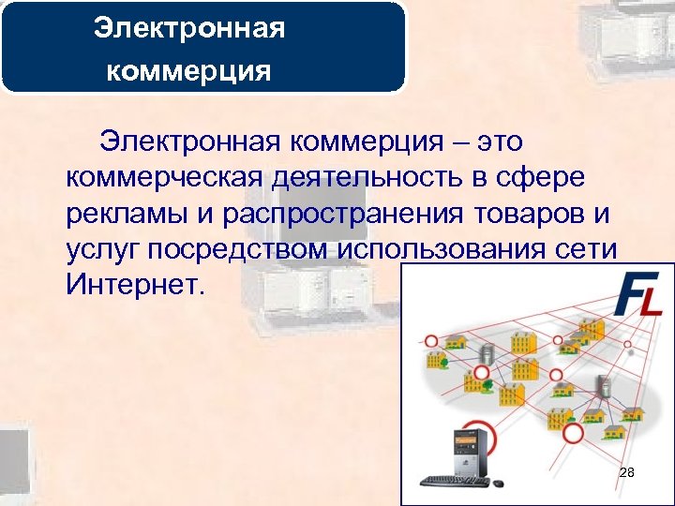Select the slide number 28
(x=627, y=473)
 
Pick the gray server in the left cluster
(x=487, y=354)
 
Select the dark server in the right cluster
(x=605, y=385)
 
